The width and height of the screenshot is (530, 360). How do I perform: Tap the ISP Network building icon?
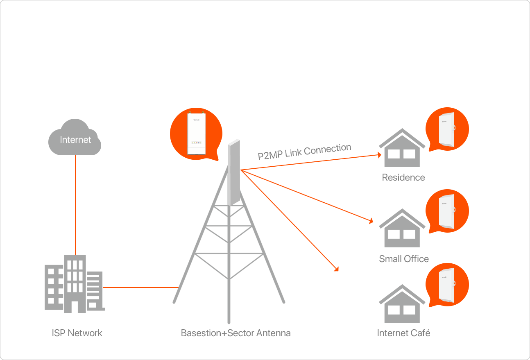[x=74, y=284]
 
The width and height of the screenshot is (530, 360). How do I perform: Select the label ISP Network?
[x=77, y=333]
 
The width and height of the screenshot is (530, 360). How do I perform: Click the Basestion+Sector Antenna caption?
[x=236, y=333]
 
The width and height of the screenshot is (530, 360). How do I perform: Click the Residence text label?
[x=403, y=177]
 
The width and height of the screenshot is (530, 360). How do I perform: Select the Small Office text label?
[x=404, y=259]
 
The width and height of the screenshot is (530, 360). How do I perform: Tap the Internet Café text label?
[x=403, y=333]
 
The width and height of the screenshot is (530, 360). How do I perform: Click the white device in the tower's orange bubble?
[x=196, y=134]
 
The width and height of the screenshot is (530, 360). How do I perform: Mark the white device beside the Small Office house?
[x=446, y=211]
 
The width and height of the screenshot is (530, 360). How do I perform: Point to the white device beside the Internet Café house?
[x=446, y=285]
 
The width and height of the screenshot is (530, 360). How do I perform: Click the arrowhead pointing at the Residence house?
[x=379, y=155]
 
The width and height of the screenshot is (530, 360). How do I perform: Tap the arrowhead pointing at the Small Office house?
[x=371, y=221]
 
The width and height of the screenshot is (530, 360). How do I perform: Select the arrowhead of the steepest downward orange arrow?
[x=337, y=269]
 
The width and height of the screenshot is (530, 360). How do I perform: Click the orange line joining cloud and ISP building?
[x=75, y=205]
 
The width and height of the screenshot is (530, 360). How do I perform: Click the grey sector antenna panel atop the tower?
[x=233, y=172]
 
